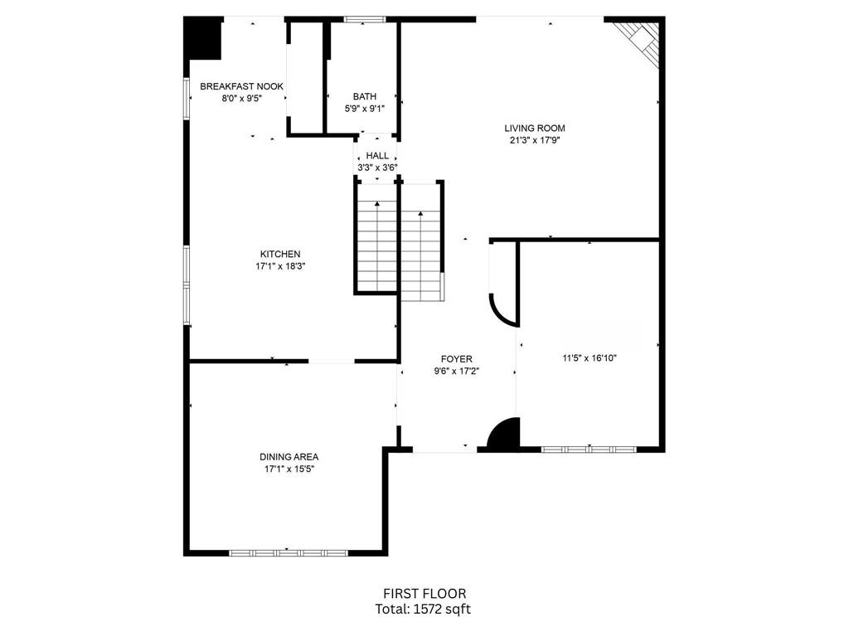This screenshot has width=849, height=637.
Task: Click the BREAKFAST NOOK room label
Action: click(x=241, y=86)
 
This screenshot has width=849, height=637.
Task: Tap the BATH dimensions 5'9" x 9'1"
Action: click(x=364, y=108)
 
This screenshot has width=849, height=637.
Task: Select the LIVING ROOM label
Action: click(x=535, y=128)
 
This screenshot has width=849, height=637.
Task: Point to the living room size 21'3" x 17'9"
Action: click(x=535, y=140)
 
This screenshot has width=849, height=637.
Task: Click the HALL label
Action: click(x=377, y=155)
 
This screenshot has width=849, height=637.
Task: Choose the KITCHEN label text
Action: click(x=280, y=254)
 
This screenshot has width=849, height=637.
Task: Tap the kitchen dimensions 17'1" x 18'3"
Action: click(x=280, y=266)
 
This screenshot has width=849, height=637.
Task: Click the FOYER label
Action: click(x=456, y=359)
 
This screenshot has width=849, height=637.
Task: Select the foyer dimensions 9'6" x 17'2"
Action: click(x=456, y=372)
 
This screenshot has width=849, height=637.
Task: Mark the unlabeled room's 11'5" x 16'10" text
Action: click(x=589, y=358)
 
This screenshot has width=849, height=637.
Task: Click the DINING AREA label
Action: click(x=289, y=456)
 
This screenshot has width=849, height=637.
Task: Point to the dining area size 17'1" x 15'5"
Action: click(x=289, y=469)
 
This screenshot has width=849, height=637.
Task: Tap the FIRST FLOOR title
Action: click(x=424, y=594)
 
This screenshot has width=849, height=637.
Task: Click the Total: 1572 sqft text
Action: click(x=424, y=609)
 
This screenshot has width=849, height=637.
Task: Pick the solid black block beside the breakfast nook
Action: click(x=203, y=39)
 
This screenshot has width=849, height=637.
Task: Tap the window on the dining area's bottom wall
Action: click(x=288, y=552)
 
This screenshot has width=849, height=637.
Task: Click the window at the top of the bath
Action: click(x=364, y=19)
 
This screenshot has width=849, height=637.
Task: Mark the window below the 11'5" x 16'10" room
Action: click(x=589, y=450)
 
